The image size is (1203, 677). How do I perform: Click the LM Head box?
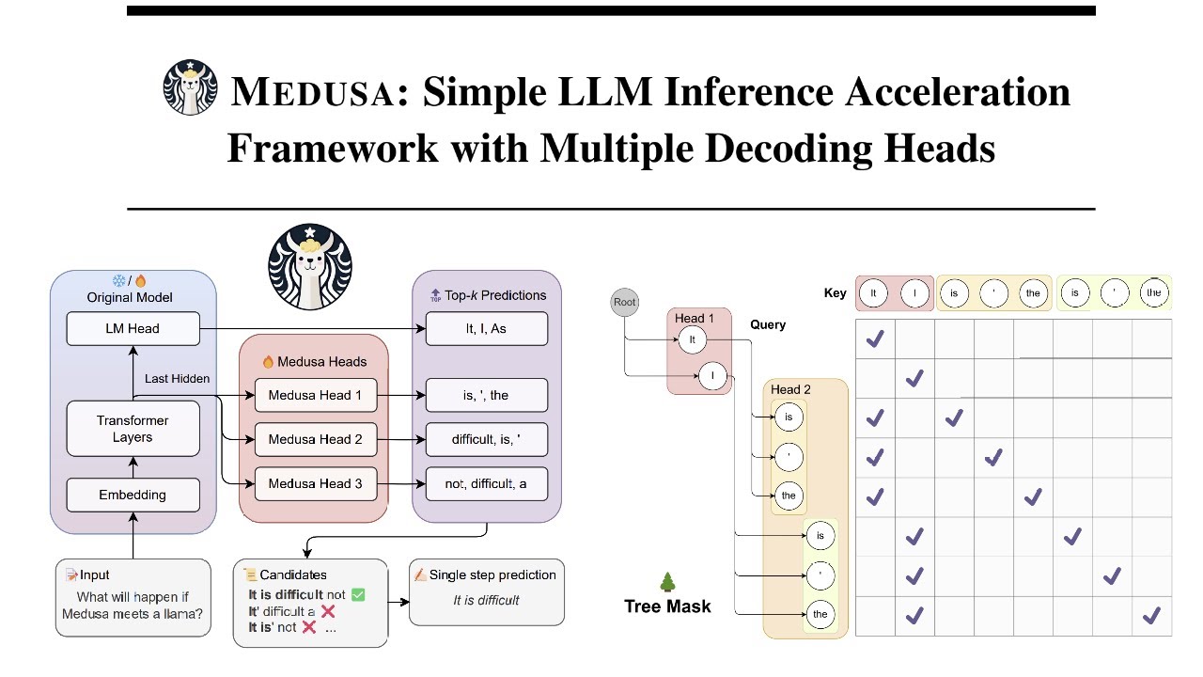coord(133,329)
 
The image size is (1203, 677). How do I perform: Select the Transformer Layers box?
coord(133,429)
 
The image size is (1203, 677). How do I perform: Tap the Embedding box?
coord(133,495)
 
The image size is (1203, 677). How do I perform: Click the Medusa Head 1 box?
coord(315,396)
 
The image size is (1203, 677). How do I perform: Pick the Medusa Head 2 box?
coord(315,439)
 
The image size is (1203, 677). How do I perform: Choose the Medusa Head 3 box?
coord(315,483)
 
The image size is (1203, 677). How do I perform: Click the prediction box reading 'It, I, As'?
coord(486,329)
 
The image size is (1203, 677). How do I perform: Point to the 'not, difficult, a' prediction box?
coord(486,483)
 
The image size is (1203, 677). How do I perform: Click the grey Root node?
coord(625,303)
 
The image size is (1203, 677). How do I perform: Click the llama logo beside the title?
coord(191,87)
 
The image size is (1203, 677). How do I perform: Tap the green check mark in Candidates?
coord(357,594)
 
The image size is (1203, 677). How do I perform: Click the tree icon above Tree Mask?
coord(667,583)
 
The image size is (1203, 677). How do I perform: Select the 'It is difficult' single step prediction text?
coord(486,600)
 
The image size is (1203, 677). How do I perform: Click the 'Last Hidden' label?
coord(177,378)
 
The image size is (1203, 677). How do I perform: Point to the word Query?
coord(768,324)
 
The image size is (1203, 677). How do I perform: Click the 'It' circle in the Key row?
coord(874,292)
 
